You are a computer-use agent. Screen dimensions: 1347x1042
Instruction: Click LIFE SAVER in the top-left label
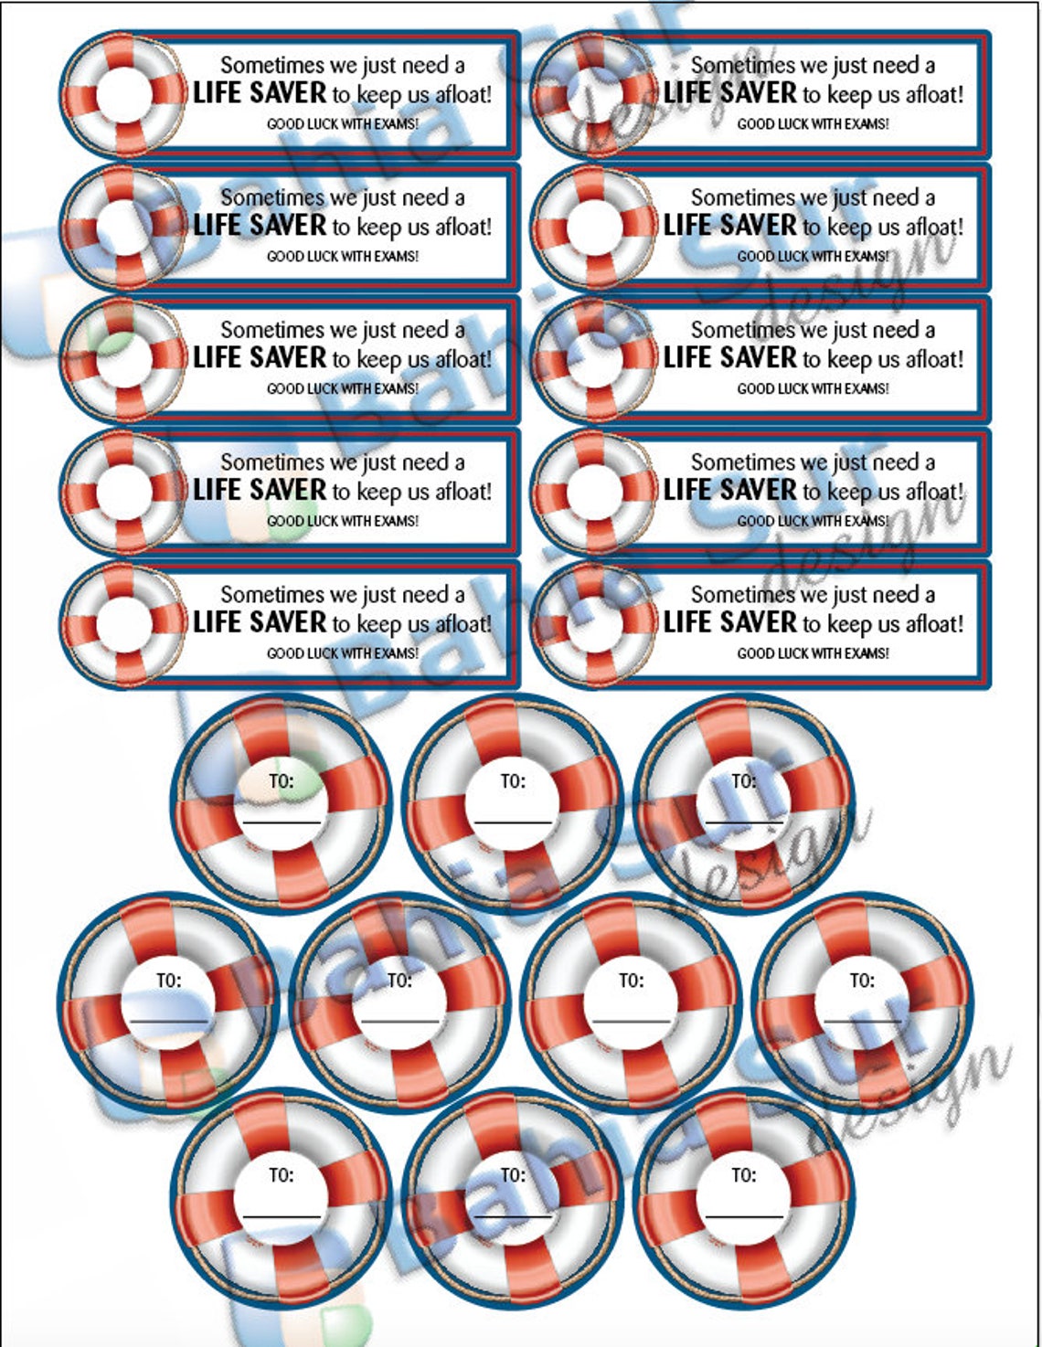coord(260,93)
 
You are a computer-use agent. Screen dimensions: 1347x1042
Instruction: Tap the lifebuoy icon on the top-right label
coord(595,93)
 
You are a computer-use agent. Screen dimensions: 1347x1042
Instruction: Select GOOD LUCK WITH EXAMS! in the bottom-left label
coord(343,653)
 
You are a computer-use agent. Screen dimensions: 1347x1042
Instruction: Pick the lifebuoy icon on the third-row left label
coord(124,358)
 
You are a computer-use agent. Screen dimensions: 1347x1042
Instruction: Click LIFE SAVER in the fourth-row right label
coord(730,491)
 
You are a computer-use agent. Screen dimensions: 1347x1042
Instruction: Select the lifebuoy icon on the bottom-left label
coord(124,623)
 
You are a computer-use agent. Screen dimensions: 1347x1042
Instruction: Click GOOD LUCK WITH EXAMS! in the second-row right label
coord(813,257)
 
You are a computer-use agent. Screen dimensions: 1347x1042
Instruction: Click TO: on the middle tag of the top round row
coord(513,781)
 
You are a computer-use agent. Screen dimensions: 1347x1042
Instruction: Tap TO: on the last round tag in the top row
coord(744,781)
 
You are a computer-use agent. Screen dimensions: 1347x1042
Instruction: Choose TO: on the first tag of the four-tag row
coord(168,981)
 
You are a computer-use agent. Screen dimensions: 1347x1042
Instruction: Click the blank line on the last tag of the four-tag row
coord(862,1021)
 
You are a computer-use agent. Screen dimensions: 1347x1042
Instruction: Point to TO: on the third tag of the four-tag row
coord(631,981)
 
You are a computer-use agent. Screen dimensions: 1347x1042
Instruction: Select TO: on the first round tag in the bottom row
coord(282,1175)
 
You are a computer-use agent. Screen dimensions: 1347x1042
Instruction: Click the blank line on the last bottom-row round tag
coord(744,1217)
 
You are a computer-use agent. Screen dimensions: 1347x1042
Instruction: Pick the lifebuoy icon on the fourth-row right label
coord(595,491)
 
